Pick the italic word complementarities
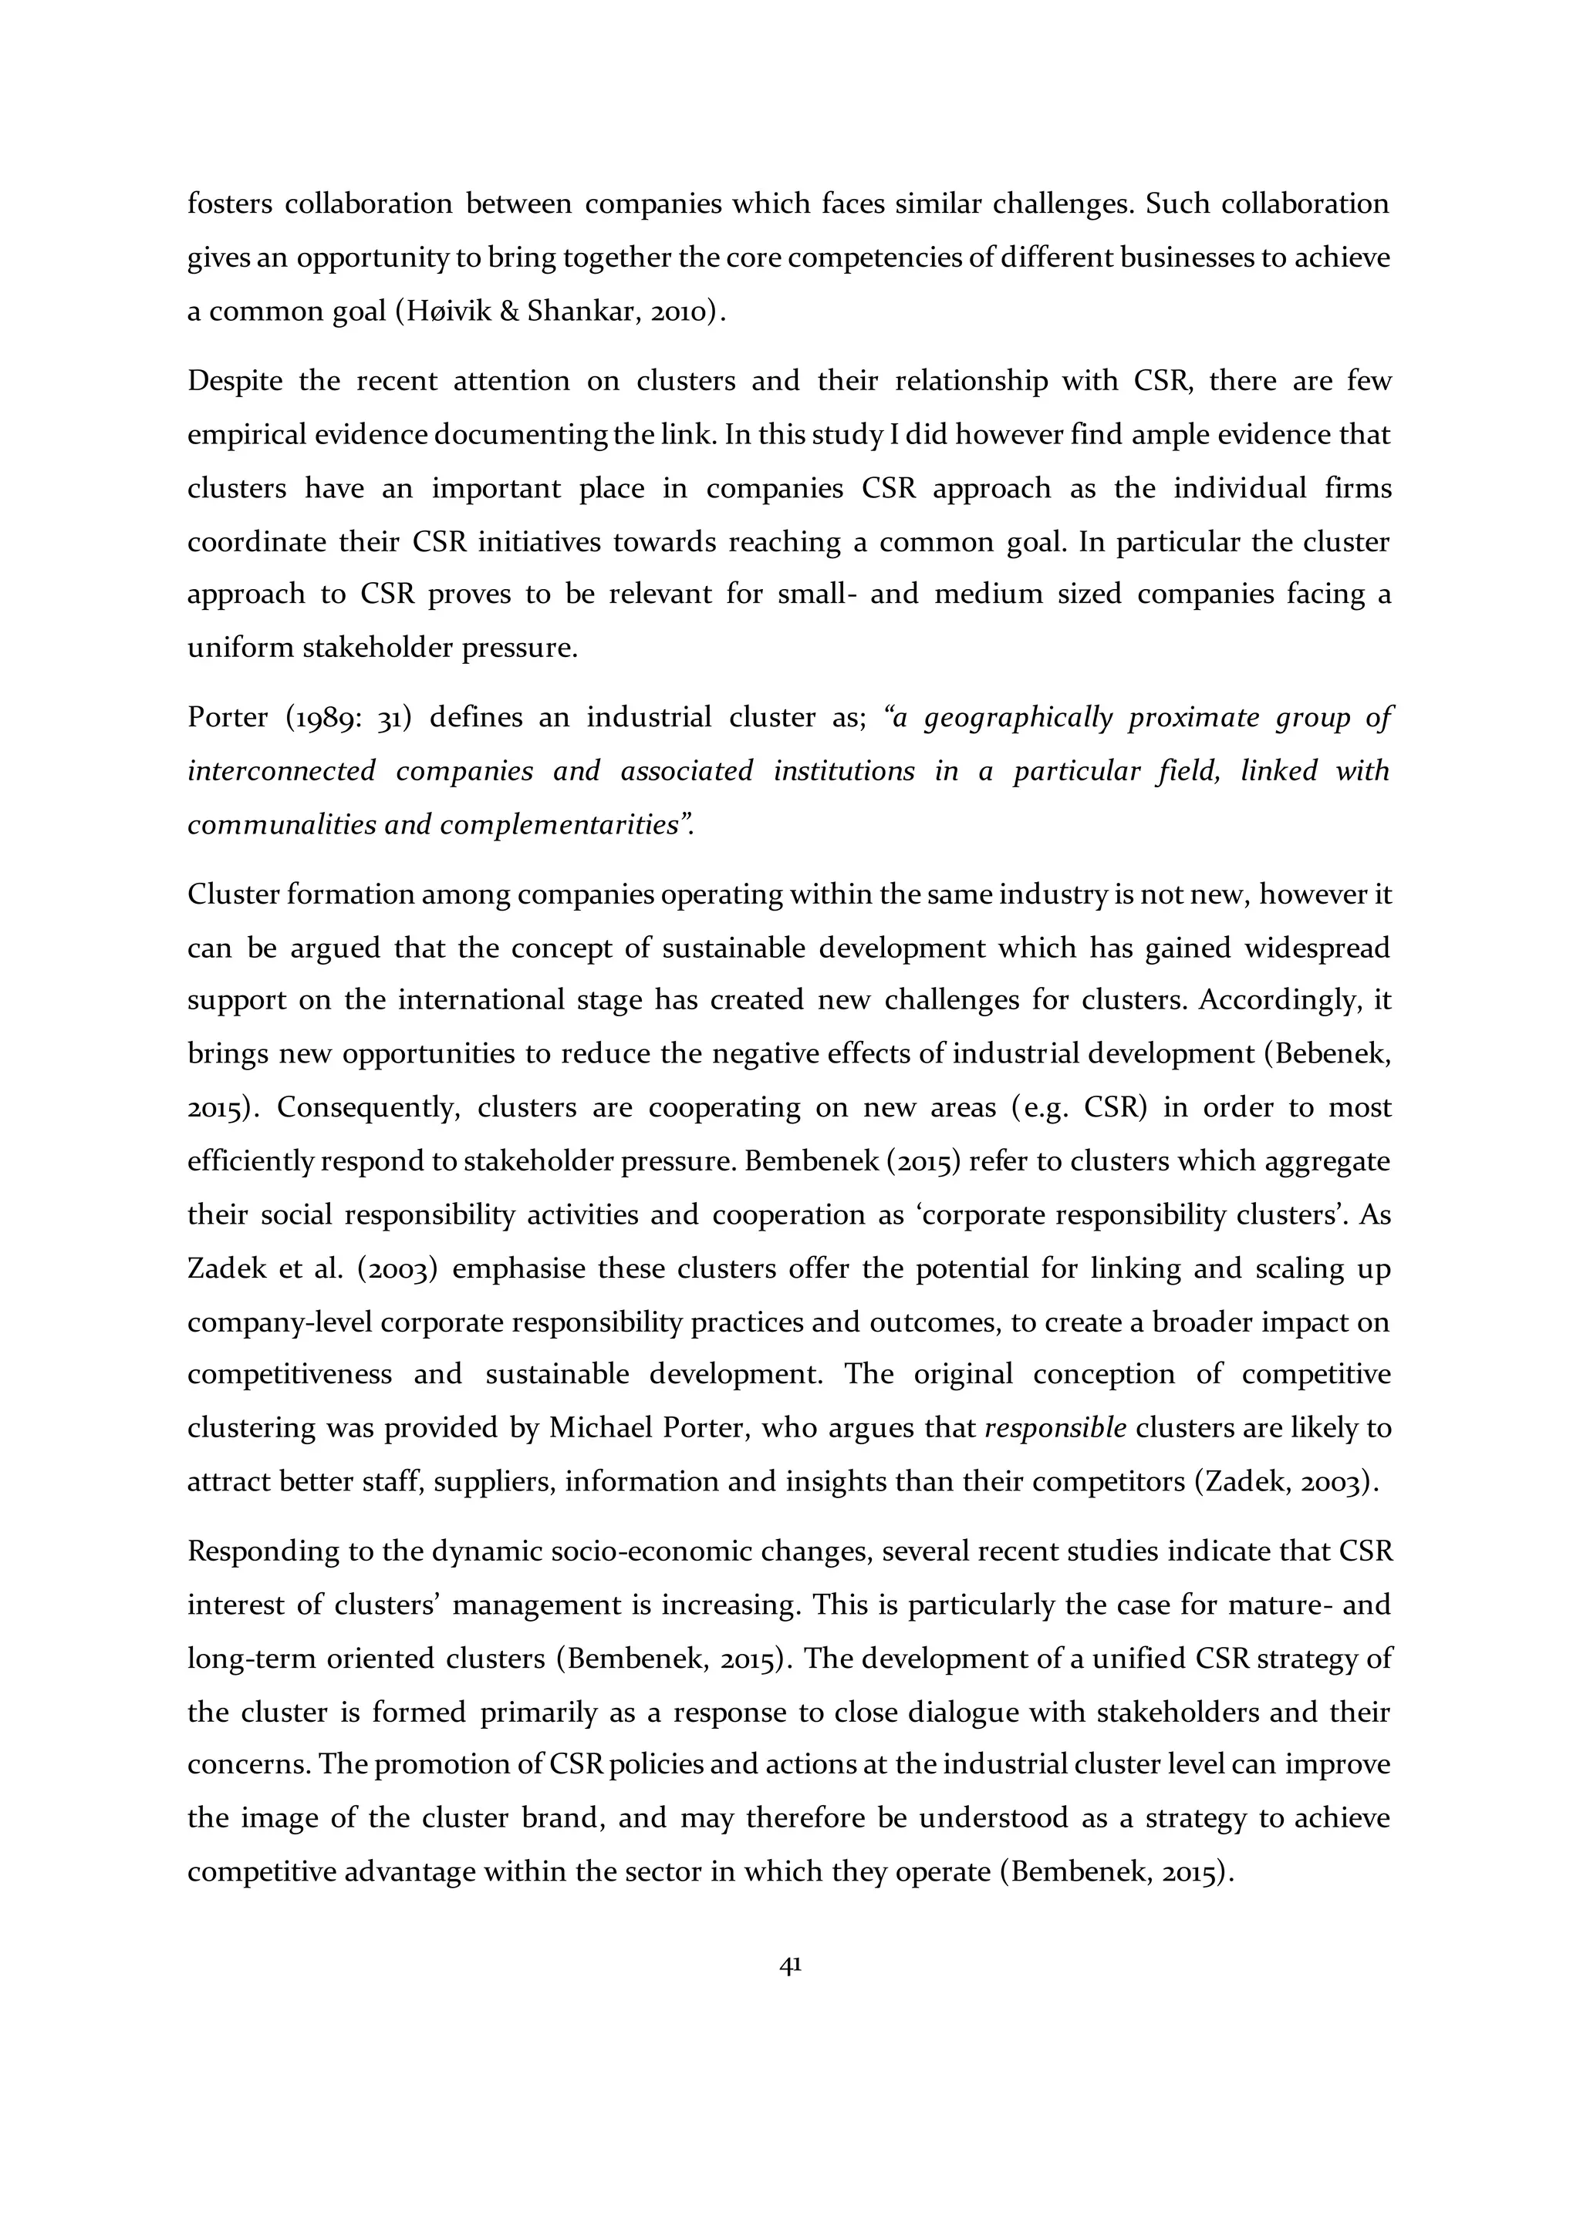point(559,825)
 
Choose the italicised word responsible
point(1055,1429)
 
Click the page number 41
point(790,1965)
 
